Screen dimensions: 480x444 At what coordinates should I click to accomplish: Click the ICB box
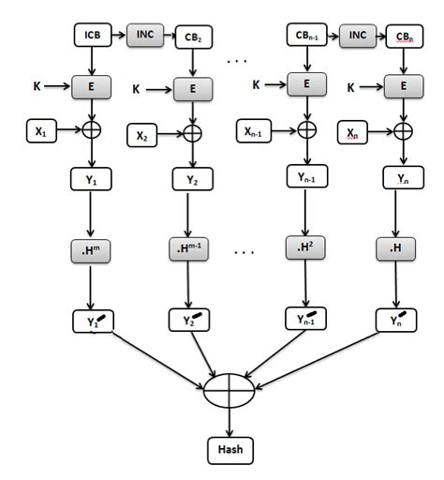point(92,37)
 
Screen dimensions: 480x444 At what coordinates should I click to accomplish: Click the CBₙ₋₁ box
point(305,37)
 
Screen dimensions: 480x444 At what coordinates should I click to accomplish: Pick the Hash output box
point(229,450)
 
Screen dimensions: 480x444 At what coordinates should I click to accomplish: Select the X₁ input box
point(40,132)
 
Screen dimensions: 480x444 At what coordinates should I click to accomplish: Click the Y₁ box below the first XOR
point(92,176)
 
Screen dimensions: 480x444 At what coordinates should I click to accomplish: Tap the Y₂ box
point(193,180)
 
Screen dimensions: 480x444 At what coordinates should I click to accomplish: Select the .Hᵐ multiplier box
point(92,249)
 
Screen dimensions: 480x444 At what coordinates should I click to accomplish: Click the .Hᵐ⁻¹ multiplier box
point(193,249)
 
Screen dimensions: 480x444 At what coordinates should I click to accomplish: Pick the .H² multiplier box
point(305,247)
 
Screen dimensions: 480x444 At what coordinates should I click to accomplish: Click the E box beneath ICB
point(92,85)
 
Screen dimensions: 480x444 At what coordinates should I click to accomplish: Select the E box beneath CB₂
point(193,90)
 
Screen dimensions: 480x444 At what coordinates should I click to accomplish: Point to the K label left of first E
point(37,86)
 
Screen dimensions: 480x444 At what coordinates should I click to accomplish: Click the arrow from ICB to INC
point(117,36)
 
